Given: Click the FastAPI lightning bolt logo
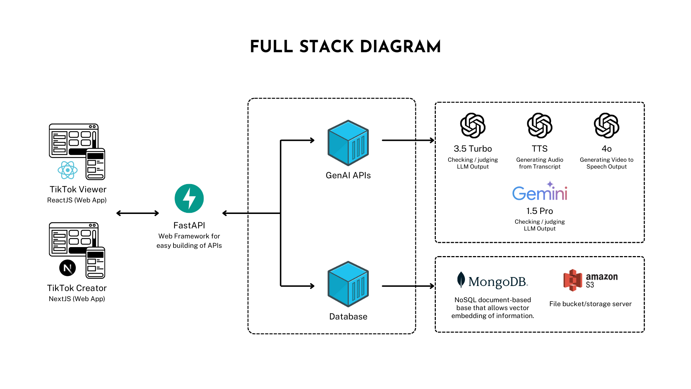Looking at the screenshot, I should pyautogui.click(x=189, y=198).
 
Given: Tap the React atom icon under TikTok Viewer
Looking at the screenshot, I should pyautogui.click(x=68, y=170).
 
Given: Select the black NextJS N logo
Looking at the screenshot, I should pyautogui.click(x=68, y=268).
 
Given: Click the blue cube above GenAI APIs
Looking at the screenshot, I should pyautogui.click(x=348, y=143).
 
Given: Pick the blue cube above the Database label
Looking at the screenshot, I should pyautogui.click(x=348, y=284).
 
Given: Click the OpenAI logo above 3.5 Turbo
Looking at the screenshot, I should pyautogui.click(x=473, y=126).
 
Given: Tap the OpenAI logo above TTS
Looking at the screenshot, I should pyautogui.click(x=539, y=126).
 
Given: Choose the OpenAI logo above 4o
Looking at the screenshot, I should pyautogui.click(x=606, y=126).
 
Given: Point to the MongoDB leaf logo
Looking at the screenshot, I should pyautogui.click(x=461, y=280).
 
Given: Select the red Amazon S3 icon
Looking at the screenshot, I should pyautogui.click(x=573, y=280).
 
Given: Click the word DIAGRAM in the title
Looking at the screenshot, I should pyautogui.click(x=400, y=47).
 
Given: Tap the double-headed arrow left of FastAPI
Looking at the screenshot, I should pyautogui.click(x=138, y=213).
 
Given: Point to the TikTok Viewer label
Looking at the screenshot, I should pyautogui.click(x=78, y=189).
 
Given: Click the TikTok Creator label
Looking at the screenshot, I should pyautogui.click(x=77, y=288).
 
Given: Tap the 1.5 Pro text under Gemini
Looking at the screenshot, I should pyautogui.click(x=539, y=211).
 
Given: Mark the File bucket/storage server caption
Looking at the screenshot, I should pyautogui.click(x=590, y=304).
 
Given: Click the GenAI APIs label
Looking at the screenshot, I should pyautogui.click(x=348, y=175).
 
